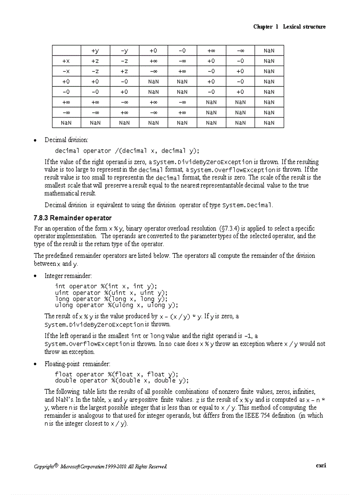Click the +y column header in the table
[x=95, y=51]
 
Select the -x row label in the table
[x=66, y=71]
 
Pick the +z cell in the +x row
[x=95, y=61]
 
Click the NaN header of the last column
[x=269, y=51]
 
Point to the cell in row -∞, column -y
[x=124, y=112]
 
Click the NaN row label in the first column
[x=66, y=123]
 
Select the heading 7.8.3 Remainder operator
[x=72, y=218]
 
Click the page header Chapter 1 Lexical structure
[x=289, y=27]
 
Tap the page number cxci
[x=321, y=465]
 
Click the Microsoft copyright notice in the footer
[x=101, y=466]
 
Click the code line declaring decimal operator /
[x=127, y=151]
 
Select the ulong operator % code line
[x=116, y=305]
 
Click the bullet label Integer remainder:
[x=68, y=276]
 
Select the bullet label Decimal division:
[x=66, y=140]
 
